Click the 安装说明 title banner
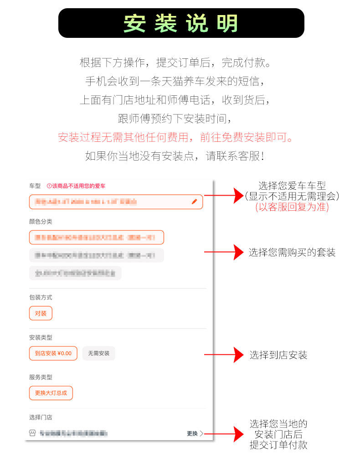coord(181,23)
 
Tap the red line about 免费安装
coord(176,137)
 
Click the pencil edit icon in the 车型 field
coord(195,201)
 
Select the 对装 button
coord(41,313)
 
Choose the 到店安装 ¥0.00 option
coord(53,353)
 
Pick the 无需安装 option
coord(98,353)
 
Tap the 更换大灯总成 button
coord(51,393)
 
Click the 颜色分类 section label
coord(41,222)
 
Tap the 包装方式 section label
coord(41,297)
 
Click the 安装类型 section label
coord(41,338)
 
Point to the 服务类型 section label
coord(41,377)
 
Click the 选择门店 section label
coord(41,417)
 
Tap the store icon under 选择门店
coord(32,433)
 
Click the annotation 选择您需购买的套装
coord(292,252)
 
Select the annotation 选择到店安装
coord(278,355)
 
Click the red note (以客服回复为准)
coord(292,207)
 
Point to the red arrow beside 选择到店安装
coord(224,354)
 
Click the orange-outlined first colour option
coord(96,238)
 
